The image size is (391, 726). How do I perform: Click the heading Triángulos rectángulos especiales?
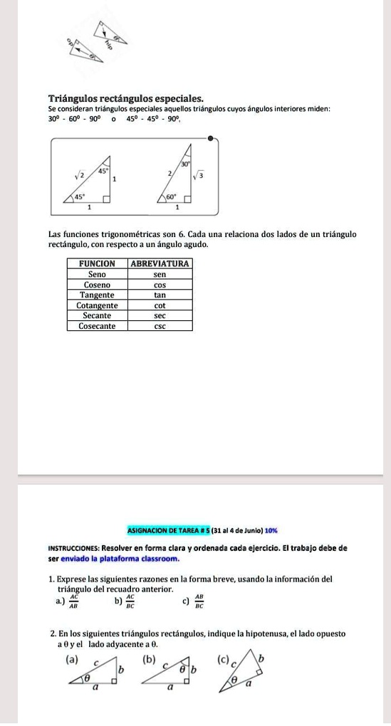coord(126,98)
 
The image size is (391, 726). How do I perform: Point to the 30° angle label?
coord(185,163)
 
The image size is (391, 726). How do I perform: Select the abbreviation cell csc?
coord(160,326)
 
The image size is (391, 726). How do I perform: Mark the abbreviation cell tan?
coord(160,295)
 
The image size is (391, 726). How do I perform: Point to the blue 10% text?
coord(271,530)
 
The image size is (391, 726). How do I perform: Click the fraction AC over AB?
coord(73,603)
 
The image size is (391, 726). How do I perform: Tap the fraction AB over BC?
coord(199,603)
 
